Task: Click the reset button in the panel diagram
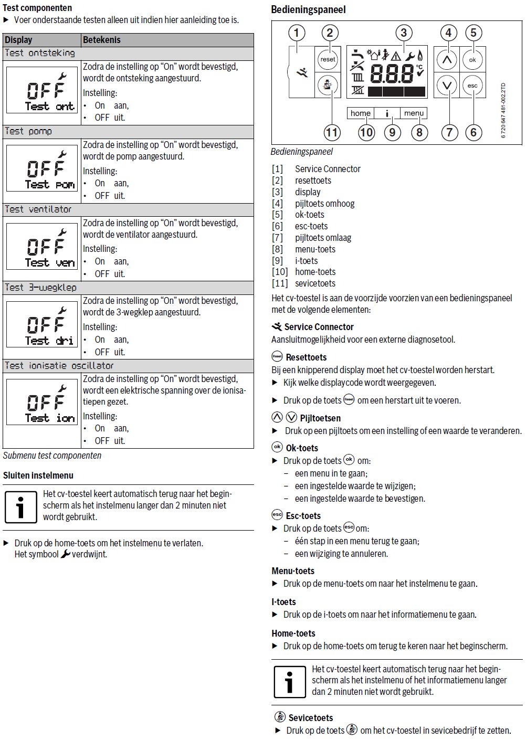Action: (x=328, y=59)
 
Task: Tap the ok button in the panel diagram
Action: (x=472, y=60)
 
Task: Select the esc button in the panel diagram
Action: (x=472, y=86)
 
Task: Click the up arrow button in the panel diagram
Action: (x=447, y=60)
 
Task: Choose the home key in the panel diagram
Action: (x=360, y=113)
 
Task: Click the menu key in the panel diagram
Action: (x=414, y=113)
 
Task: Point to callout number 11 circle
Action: (x=332, y=132)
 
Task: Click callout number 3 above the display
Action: (x=403, y=33)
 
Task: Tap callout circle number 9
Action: (x=392, y=132)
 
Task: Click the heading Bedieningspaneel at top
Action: (x=308, y=9)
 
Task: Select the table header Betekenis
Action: (x=102, y=40)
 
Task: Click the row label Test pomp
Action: (x=28, y=131)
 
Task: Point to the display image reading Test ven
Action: (x=42, y=246)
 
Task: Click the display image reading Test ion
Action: (x=42, y=402)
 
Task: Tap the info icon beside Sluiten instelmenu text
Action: (x=20, y=507)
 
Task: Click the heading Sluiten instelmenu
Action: (x=38, y=475)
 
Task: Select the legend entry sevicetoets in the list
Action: (x=315, y=283)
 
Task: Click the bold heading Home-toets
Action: (x=293, y=633)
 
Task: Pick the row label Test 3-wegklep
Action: (x=40, y=288)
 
